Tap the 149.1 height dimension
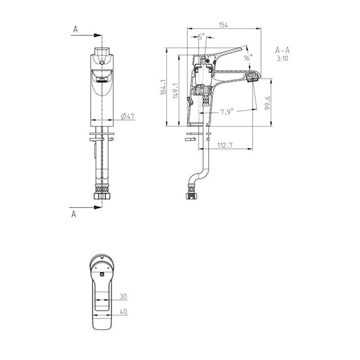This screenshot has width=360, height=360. point(175,90)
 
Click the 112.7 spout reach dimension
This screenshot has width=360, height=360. point(224,145)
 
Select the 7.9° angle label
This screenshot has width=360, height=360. point(226,111)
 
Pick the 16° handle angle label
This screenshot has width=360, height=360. point(248,58)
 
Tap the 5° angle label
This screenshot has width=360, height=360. point(201,36)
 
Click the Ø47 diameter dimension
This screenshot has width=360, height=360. point(127,116)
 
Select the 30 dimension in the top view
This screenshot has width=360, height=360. point(122,297)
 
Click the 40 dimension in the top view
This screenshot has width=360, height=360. point(122,311)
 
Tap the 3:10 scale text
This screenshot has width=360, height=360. point(283,59)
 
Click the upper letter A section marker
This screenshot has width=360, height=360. point(76,28)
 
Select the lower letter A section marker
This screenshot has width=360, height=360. point(74,214)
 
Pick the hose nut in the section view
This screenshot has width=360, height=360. point(191,194)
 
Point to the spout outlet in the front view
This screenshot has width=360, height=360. point(101,79)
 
